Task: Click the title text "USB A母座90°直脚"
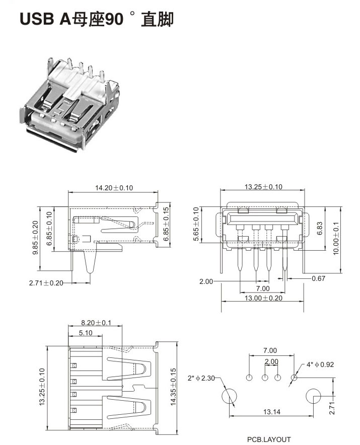click(96, 19)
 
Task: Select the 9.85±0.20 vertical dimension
click(36, 238)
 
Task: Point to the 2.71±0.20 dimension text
click(46, 283)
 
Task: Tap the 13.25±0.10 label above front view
click(263, 187)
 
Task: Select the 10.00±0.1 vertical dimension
click(336, 237)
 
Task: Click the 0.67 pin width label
click(318, 278)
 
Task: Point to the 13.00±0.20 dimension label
click(263, 298)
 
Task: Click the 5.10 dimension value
click(85, 333)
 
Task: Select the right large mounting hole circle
click(314, 397)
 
